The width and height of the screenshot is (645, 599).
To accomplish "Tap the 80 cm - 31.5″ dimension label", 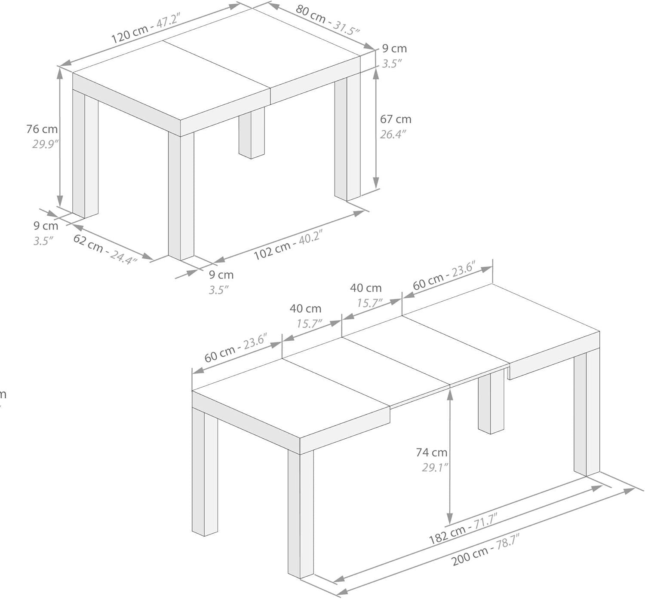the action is tap(328, 19).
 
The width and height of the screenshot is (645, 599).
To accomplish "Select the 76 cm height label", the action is tap(42, 129).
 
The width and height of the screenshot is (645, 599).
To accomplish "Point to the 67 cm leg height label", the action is tap(396, 119).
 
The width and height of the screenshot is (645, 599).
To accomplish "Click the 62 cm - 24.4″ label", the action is tap(105, 249).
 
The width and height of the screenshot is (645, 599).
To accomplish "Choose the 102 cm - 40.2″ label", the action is tap(288, 245).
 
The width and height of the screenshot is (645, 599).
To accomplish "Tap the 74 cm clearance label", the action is tap(432, 452).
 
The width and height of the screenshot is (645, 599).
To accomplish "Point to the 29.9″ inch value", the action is tap(45, 144).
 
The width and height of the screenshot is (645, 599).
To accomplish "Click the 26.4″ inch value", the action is tap(393, 134).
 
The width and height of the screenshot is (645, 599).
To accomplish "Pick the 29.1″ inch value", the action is tap(435, 467).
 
